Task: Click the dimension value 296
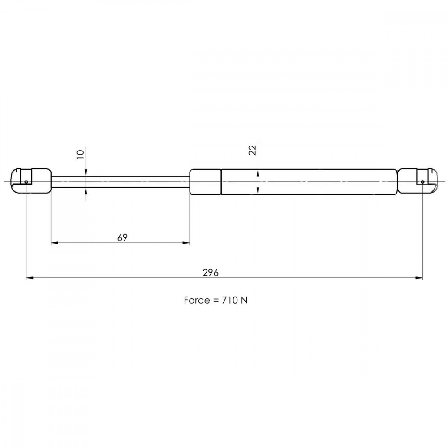pyautogui.click(x=211, y=272)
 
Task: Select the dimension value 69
pyautogui.click(x=122, y=237)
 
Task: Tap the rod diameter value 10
pyautogui.click(x=81, y=154)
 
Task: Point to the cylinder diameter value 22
pyautogui.click(x=253, y=150)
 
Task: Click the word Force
pyautogui.click(x=196, y=300)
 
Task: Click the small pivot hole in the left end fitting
pyautogui.click(x=26, y=182)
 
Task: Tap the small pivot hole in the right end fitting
pyautogui.click(x=422, y=182)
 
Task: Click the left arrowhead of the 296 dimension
pyautogui.click(x=30, y=277)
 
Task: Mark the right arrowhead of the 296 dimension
pyautogui.click(x=419, y=277)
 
